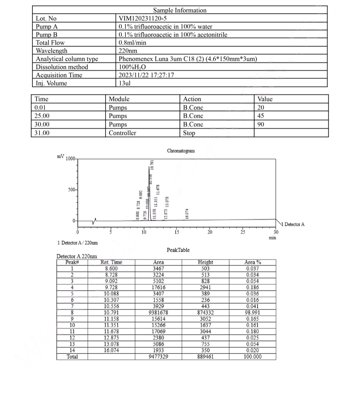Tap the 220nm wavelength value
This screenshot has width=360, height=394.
[128, 51]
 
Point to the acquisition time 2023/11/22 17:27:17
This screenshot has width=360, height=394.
[147, 75]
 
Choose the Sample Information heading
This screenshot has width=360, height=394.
[180, 10]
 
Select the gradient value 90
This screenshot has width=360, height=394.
[261, 125]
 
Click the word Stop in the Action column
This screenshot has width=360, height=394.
[189, 133]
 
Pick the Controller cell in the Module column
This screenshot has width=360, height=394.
[123, 133]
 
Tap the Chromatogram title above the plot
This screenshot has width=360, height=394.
[181, 151]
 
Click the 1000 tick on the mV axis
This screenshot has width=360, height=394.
[70, 159]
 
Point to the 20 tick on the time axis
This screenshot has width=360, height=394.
[210, 232]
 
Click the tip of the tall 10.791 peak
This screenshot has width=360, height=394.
[149, 167]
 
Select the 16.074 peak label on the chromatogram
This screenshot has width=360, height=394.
[187, 214]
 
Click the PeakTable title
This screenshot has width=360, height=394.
[178, 250]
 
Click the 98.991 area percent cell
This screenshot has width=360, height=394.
[254, 312]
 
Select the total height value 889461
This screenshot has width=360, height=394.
[206, 357]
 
